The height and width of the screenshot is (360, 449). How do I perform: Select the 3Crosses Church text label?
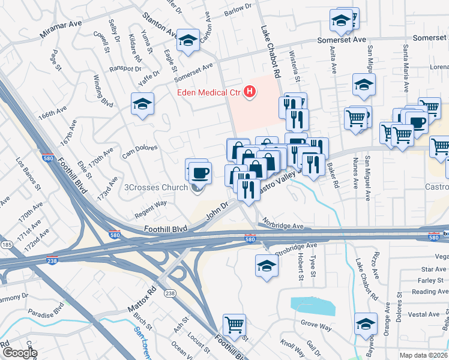click(x=155, y=187)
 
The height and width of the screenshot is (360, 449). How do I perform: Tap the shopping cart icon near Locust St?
click(x=234, y=325)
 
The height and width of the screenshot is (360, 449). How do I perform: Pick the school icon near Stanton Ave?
click(x=188, y=41)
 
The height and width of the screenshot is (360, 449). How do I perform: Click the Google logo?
click(x=19, y=353)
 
